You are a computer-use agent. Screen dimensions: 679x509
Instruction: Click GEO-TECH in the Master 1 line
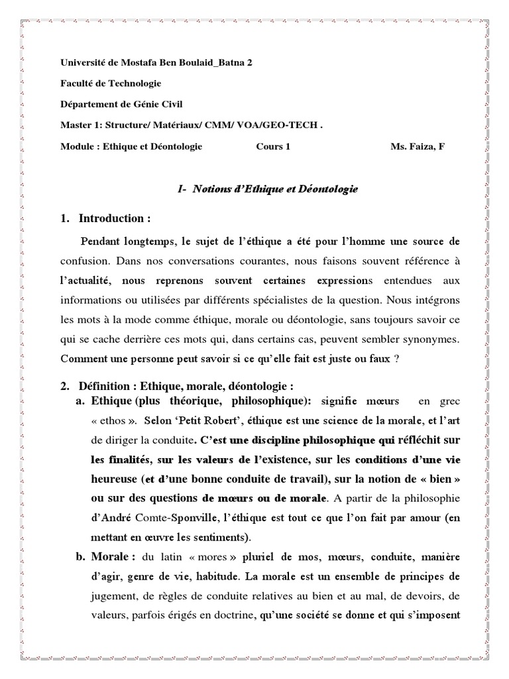point(292,126)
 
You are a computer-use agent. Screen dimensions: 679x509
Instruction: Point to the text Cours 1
point(273,147)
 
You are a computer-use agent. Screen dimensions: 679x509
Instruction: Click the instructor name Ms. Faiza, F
point(418,147)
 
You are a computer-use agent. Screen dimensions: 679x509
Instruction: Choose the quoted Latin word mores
point(201,555)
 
